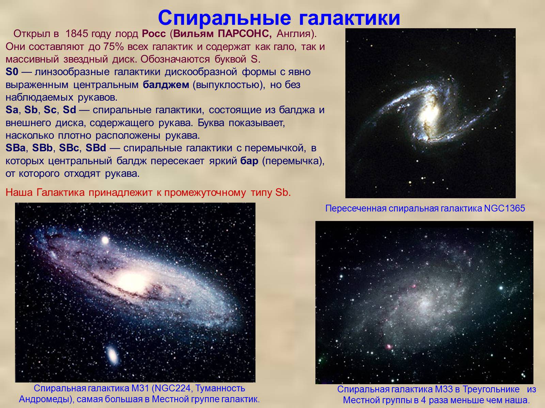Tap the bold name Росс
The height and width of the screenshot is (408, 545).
point(154,34)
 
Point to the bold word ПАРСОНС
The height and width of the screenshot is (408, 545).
point(245,34)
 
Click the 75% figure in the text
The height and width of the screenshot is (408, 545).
point(113,47)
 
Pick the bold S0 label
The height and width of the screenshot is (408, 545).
point(12,72)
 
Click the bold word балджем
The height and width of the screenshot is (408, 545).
point(166,85)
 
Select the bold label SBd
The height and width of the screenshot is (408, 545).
point(96,148)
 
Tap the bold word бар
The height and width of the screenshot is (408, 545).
point(249,161)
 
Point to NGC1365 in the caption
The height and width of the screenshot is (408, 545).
point(504,208)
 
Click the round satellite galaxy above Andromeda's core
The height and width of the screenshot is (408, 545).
point(105,240)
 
